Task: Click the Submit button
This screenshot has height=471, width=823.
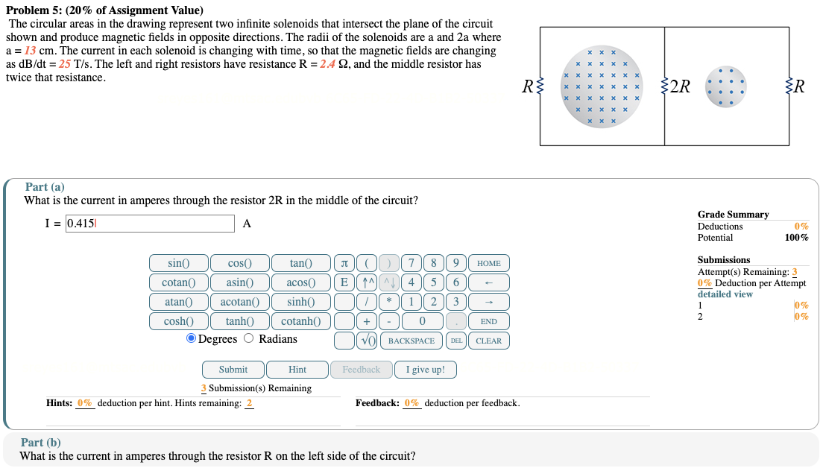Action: [233, 370]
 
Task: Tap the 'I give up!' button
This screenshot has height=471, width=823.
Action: [426, 370]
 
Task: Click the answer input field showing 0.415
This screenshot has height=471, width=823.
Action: [149, 224]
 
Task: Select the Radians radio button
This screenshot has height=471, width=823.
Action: [249, 339]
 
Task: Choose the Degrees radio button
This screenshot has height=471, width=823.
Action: [192, 339]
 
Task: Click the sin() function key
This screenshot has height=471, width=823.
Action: [178, 263]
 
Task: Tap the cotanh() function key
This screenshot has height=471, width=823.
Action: [301, 321]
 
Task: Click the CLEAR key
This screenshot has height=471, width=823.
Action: [488, 341]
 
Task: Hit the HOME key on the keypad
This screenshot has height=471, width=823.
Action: [488, 263]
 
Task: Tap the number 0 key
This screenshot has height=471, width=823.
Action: [422, 321]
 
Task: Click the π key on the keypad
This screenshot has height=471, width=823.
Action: [344, 263]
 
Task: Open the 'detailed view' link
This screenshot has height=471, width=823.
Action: [725, 294]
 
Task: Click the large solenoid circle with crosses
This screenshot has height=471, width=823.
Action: [601, 86]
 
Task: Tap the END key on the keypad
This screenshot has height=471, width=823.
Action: [488, 321]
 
